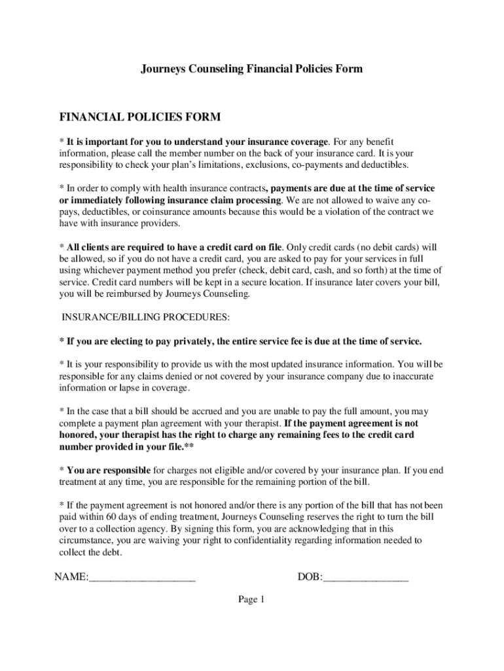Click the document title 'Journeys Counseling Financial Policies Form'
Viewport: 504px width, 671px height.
click(x=252, y=69)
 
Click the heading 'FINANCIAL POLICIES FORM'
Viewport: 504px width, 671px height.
click(x=140, y=117)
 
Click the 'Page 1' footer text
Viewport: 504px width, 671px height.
click(x=251, y=600)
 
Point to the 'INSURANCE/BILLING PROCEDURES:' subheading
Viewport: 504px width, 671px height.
click(x=146, y=318)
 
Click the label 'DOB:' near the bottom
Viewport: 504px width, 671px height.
click(x=310, y=577)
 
